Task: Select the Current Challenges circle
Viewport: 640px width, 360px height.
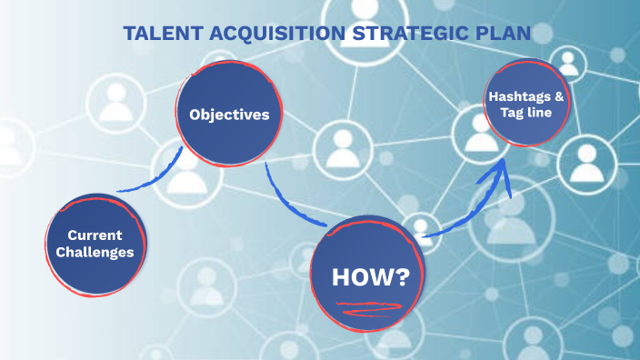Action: [x=95, y=244]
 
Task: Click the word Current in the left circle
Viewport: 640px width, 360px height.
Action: [x=95, y=234]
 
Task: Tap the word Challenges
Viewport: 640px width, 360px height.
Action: [x=95, y=252]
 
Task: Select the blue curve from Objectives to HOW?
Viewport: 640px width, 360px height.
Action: [x=289, y=202]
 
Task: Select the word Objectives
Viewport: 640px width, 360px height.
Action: [x=229, y=115]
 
